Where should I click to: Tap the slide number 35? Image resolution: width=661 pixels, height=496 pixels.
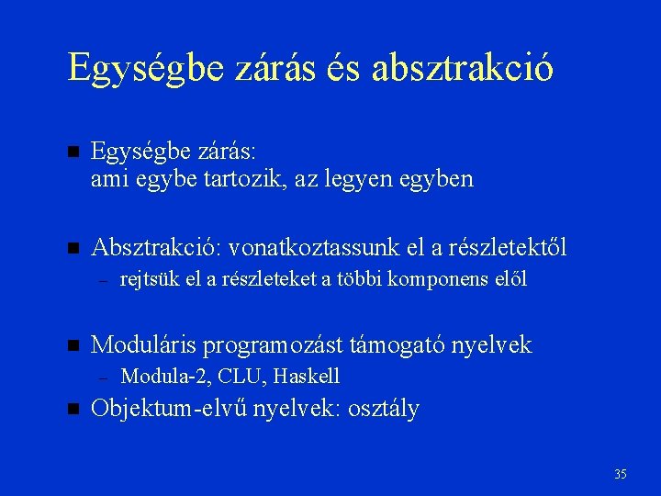(x=621, y=474)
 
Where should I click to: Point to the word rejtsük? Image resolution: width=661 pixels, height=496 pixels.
(x=151, y=279)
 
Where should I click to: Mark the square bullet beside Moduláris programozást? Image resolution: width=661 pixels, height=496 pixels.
(x=73, y=345)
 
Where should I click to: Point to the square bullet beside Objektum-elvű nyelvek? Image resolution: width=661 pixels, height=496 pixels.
(x=73, y=408)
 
